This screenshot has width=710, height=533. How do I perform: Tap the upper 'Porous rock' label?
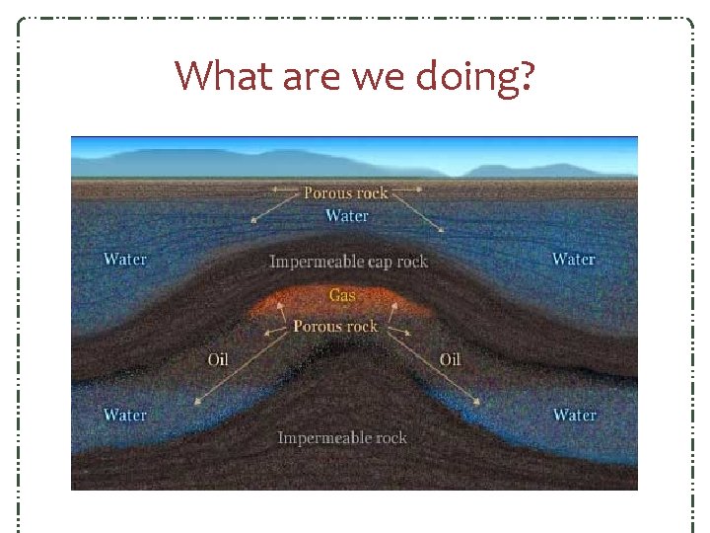coord(346,192)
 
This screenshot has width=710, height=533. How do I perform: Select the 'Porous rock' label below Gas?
coord(335,326)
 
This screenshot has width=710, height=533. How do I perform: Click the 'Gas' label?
coord(342,295)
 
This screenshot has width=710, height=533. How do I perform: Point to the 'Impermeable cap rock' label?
coord(349,262)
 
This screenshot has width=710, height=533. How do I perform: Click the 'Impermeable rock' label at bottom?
coord(342,437)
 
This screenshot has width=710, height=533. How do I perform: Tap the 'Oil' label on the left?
coord(218,359)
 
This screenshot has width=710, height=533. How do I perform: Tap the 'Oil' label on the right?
coord(450,359)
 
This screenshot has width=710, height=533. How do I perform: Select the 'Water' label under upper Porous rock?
coord(347,215)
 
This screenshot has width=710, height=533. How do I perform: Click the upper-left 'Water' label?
coord(125,260)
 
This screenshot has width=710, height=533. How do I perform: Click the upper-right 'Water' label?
coord(573,260)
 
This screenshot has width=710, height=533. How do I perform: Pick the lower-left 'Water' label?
coord(125,415)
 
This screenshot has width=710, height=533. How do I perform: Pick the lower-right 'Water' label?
coord(574,415)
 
